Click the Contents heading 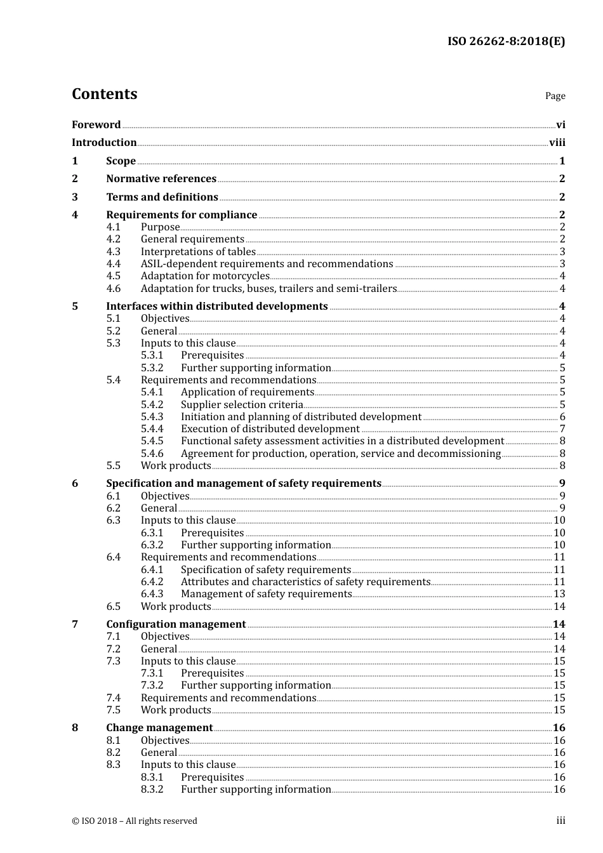(x=104, y=94)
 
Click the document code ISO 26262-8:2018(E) (x=506, y=41)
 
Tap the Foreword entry (x=96, y=125)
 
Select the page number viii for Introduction (x=557, y=143)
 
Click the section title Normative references (x=161, y=179)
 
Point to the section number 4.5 (x=113, y=276)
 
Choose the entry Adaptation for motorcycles (x=205, y=276)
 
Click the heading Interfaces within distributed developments (x=216, y=307)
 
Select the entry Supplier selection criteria (x=242, y=405)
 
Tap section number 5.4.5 (x=152, y=441)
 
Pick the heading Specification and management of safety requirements (x=244, y=484)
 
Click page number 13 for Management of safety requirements (x=559, y=594)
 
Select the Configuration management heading (x=176, y=625)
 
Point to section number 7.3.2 (x=152, y=685)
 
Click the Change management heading (x=159, y=728)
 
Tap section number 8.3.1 (x=152, y=777)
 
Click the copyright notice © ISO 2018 (x=135, y=821)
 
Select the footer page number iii (x=560, y=821)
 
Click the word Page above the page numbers (x=555, y=96)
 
